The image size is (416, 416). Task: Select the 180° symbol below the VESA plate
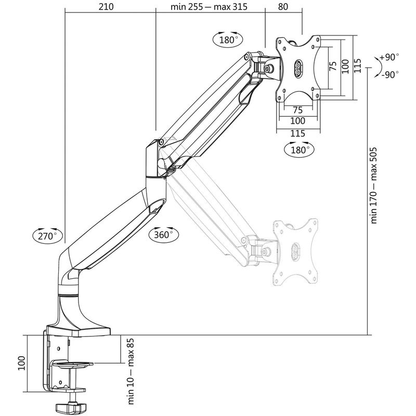pos(300,149)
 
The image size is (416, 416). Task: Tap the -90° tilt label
pos(389,74)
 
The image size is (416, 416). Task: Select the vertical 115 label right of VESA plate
pos(357,66)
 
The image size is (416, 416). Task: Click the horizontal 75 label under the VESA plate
pos(298,110)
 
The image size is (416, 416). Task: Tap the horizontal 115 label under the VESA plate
pos(297,133)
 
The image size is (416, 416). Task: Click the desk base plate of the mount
pos(78,330)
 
